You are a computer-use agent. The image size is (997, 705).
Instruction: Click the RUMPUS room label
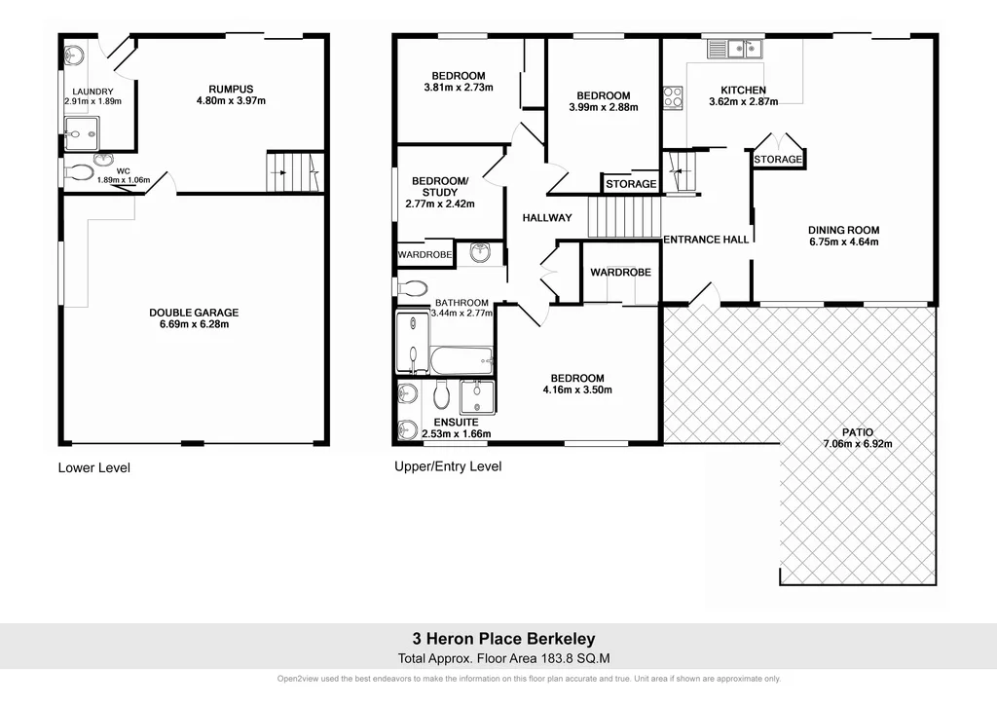click(x=231, y=87)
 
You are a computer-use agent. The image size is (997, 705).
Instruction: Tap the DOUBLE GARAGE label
click(x=194, y=313)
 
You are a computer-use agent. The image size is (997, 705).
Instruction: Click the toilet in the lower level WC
click(x=80, y=173)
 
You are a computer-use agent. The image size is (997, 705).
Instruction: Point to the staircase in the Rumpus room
click(x=294, y=172)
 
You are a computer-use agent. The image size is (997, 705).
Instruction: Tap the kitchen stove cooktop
click(x=673, y=97)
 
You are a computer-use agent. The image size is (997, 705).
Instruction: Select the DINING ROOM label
click(x=843, y=230)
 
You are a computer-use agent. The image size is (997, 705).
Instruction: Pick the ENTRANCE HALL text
click(x=706, y=240)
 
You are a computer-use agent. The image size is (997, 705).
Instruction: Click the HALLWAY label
click(x=546, y=218)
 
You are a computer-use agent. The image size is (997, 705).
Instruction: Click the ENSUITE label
click(x=456, y=422)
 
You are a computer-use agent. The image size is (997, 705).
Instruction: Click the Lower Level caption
click(x=93, y=467)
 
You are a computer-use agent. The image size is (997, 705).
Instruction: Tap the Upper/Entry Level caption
click(x=448, y=466)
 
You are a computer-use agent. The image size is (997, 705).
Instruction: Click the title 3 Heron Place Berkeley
click(x=503, y=640)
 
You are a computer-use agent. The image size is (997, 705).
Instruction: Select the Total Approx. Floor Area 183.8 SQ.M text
click(x=503, y=658)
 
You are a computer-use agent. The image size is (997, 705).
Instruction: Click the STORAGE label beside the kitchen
click(x=778, y=160)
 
